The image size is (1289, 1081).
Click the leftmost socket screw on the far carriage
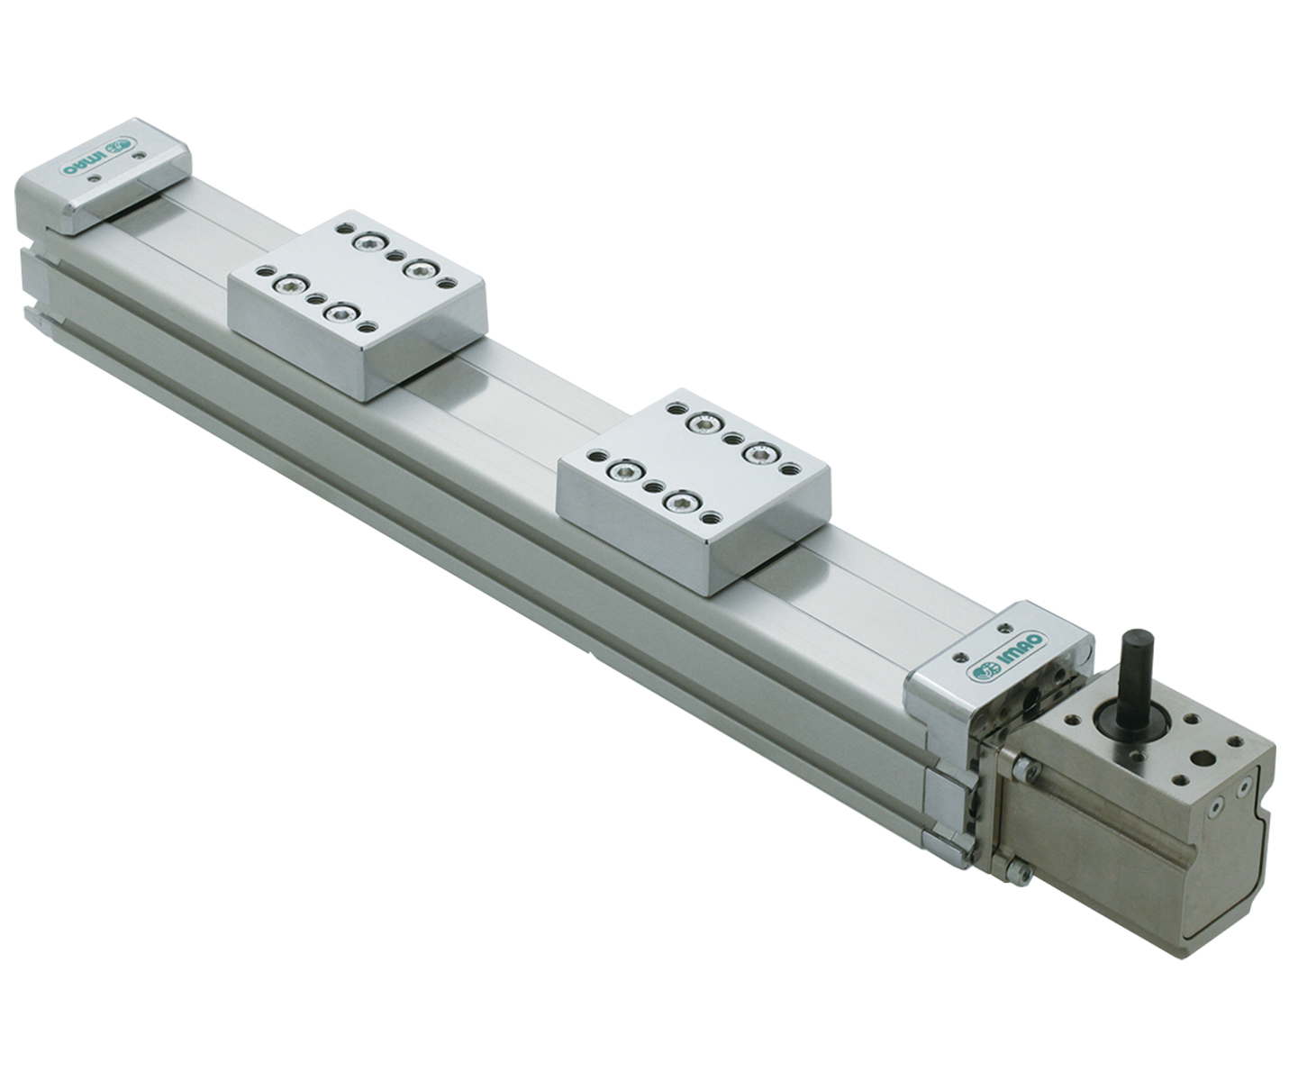(x=287, y=286)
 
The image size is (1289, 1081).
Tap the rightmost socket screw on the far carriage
(x=418, y=268)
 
